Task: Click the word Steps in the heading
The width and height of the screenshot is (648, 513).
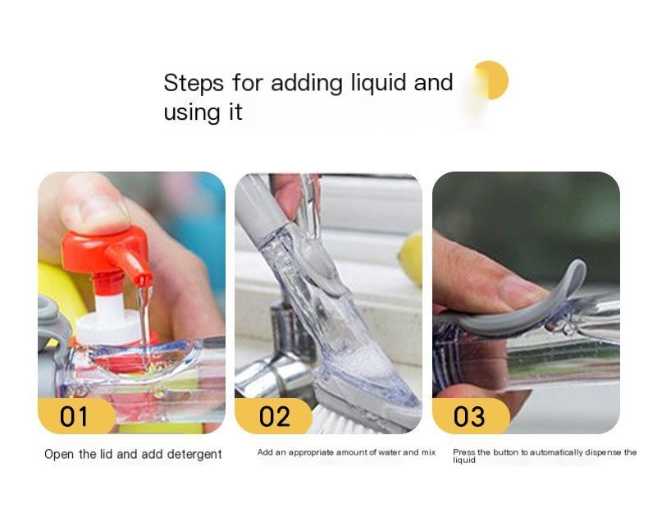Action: (194, 84)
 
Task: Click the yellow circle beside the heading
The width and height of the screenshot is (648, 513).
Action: (491, 80)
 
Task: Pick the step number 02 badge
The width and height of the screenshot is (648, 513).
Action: (273, 416)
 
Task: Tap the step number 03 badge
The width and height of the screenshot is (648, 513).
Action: (471, 416)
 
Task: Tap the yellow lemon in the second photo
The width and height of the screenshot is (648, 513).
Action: (412, 259)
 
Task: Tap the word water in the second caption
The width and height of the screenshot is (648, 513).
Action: (390, 452)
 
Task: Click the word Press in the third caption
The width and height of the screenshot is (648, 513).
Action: (464, 452)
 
